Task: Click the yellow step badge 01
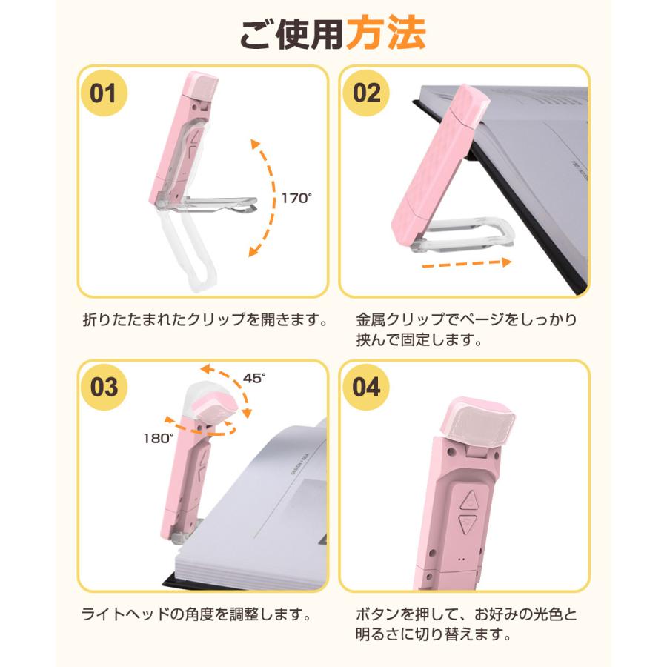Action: coord(103,93)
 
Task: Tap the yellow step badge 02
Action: coord(366,93)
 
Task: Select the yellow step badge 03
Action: coord(103,387)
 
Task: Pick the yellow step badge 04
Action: coord(366,387)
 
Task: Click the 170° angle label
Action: coord(297,198)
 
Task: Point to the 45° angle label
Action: coord(254,378)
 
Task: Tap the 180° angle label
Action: coord(158,438)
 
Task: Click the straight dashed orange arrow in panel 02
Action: coord(464,262)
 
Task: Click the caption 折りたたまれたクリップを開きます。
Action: coord(205,321)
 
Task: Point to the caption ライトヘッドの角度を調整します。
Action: coord(195,614)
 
